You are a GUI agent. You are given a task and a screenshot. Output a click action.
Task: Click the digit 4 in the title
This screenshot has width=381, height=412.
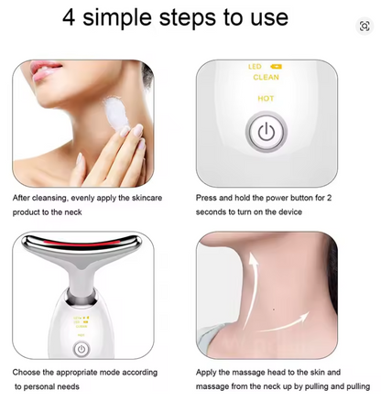(x=71, y=17)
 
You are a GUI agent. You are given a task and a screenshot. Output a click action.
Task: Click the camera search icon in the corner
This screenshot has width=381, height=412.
(x=365, y=27)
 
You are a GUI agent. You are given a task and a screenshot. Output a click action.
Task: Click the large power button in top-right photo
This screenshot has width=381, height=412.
(x=266, y=133)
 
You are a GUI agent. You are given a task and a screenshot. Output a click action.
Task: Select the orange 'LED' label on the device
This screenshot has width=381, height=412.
(x=254, y=67)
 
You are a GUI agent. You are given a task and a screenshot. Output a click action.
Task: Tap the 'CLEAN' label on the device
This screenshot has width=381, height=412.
(x=266, y=78)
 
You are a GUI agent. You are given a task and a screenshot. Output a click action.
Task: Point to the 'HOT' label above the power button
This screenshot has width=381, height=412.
(x=266, y=98)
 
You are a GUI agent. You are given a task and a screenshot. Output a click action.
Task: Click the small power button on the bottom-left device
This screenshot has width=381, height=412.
(x=81, y=349)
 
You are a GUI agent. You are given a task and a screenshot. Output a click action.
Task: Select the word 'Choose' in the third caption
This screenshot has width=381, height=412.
(x=27, y=373)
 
